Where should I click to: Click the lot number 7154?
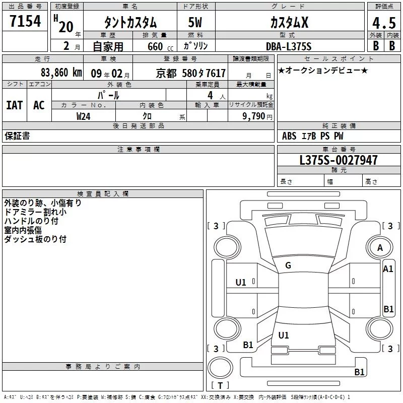pyautogui.click(x=25, y=21)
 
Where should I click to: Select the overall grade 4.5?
pyautogui.click(x=384, y=23)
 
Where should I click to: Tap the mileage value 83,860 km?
pyautogui.click(x=61, y=73)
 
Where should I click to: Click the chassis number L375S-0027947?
pyautogui.click(x=339, y=160)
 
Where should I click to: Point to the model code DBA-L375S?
pyautogui.click(x=289, y=46)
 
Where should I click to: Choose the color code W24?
pyautogui.click(x=83, y=116)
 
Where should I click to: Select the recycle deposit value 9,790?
pyautogui.click(x=253, y=116)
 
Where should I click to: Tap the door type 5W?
pyautogui.click(x=195, y=22)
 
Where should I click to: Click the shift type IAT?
pyautogui.click(x=15, y=105)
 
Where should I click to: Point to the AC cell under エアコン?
pyautogui.click(x=39, y=105)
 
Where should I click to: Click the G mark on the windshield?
pyautogui.click(x=288, y=265)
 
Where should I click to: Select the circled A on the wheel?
pyautogui.click(x=380, y=248)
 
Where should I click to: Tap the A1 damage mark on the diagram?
pyautogui.click(x=388, y=269)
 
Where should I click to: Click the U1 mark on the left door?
pyautogui.click(x=241, y=283)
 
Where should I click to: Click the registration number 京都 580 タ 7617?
pyautogui.click(x=191, y=73)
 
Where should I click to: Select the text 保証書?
pyautogui.click(x=17, y=136)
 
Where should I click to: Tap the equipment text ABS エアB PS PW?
pyautogui.click(x=312, y=136)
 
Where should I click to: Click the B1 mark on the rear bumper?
pyautogui.click(x=359, y=372)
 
